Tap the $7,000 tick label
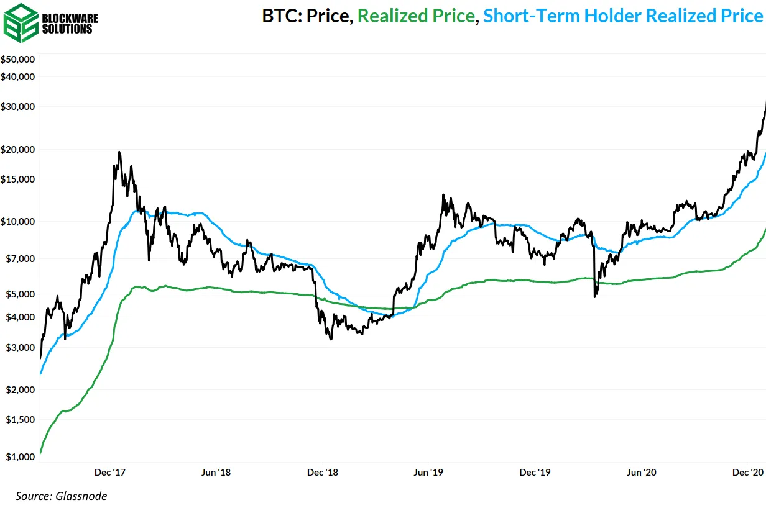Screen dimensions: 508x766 pos(20,258)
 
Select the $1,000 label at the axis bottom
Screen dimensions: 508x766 pos(20,457)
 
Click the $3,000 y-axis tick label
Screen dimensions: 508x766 pos(20,348)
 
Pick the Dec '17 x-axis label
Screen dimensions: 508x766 pos(111,473)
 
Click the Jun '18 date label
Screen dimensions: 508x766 pos(216,473)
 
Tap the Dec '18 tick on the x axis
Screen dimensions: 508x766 pos(323,473)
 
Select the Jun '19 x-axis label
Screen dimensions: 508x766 pos(429,473)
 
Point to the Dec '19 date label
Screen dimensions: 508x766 pos(535,473)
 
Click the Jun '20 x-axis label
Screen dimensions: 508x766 pos(641,473)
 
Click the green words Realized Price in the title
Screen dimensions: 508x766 pos(416,16)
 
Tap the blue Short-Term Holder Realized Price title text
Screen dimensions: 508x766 pos(622,16)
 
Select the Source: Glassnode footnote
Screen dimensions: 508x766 pos(61,496)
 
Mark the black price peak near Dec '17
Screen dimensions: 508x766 pos(119,152)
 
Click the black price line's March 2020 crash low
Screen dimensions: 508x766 pos(594,297)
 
